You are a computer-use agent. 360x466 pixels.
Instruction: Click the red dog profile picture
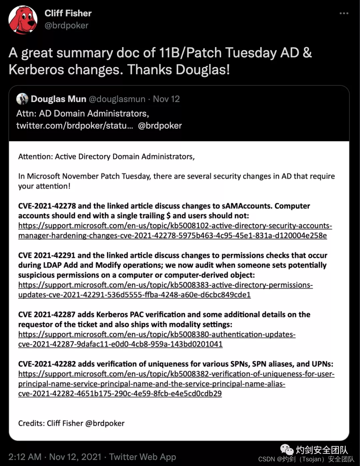click(23, 20)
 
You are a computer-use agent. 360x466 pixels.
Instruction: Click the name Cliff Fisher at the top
click(68, 13)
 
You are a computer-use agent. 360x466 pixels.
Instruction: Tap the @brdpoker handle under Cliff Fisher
click(66, 26)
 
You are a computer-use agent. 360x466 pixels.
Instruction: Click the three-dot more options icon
click(344, 13)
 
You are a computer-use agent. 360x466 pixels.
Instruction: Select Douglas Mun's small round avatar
click(22, 99)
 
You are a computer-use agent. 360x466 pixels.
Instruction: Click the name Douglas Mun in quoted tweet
click(59, 99)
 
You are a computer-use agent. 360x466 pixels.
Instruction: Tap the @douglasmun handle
click(117, 99)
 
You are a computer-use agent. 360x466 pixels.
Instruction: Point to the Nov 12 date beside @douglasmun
click(166, 99)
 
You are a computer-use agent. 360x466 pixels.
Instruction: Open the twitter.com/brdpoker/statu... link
click(75, 126)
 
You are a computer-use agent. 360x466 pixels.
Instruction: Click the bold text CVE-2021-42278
click(47, 206)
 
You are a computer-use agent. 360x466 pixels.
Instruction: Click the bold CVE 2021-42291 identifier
click(47, 256)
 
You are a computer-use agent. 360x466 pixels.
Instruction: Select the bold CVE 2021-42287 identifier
click(47, 315)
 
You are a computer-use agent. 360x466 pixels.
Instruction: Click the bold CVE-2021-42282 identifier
click(47, 364)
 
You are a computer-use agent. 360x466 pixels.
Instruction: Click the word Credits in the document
click(31, 423)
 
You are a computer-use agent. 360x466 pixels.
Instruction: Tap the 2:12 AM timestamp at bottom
click(25, 457)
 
